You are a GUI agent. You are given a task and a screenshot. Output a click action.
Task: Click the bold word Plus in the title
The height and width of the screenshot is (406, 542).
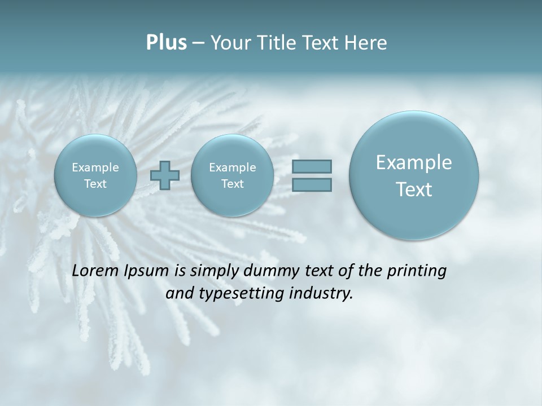tap(166, 43)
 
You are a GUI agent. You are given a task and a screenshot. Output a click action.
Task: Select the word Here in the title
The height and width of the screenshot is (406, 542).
tap(366, 43)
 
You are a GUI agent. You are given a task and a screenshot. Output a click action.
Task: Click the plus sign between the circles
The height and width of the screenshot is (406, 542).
tap(165, 175)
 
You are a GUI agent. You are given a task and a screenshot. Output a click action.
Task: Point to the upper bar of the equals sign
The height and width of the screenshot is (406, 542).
tap(312, 166)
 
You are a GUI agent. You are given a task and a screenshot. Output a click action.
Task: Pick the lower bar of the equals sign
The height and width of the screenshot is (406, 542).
tap(312, 185)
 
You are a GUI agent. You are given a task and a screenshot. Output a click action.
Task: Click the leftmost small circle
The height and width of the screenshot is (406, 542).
tap(95, 175)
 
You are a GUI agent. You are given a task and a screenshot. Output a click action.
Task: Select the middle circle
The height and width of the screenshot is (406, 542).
tap(232, 175)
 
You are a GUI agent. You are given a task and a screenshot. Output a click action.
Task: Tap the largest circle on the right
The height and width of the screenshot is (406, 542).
tap(414, 175)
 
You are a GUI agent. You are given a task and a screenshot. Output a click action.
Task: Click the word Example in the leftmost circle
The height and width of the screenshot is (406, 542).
tap(95, 167)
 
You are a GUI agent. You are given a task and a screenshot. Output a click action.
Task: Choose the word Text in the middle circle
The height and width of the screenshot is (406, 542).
tap(232, 184)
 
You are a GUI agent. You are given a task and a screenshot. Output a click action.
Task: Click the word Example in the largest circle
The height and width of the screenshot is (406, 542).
tap(414, 162)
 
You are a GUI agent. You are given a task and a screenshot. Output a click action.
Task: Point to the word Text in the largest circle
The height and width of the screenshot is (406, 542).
tap(414, 189)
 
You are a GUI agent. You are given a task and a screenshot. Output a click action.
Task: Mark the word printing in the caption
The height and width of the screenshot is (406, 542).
tap(417, 271)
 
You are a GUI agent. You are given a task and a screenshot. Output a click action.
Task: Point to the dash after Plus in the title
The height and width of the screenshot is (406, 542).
tap(198, 43)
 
